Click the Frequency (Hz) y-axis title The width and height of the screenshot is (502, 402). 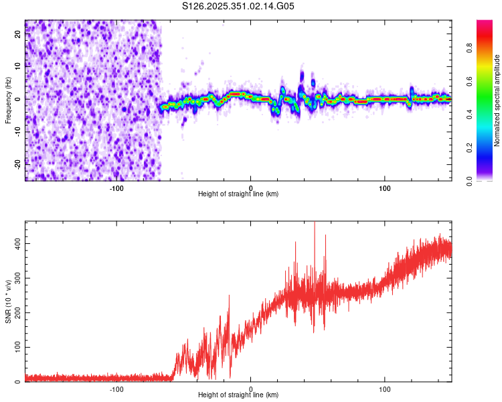point(8,100)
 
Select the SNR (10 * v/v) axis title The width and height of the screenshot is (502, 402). point(8,301)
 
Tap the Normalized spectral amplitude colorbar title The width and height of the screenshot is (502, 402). point(497,100)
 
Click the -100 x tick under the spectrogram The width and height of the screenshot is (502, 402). point(116,188)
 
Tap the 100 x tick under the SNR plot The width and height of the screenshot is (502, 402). point(385,389)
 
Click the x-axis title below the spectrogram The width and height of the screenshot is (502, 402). point(238,194)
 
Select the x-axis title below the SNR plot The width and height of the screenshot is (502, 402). point(238,395)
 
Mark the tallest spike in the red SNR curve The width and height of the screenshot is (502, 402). point(314,223)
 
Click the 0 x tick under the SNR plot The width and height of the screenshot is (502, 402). point(251,389)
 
